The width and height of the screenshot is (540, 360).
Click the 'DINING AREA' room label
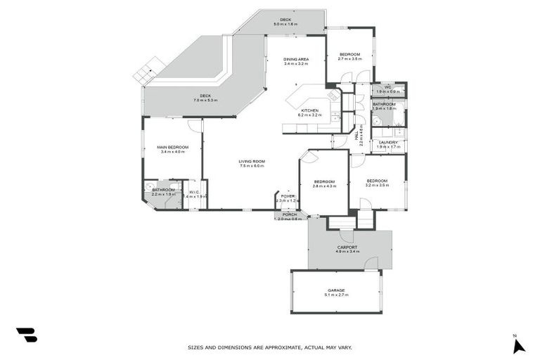[296, 59]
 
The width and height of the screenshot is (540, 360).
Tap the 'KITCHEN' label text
[310, 110]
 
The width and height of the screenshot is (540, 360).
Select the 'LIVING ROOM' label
[251, 161]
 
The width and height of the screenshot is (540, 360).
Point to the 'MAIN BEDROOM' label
[172, 147]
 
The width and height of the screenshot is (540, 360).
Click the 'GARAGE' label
[335, 290]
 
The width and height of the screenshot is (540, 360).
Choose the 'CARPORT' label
[347, 247]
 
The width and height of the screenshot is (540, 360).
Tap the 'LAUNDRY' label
[388, 143]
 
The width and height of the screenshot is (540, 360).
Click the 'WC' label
[387, 87]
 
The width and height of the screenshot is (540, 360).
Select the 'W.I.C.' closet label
[194, 191]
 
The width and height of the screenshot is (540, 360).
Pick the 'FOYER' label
[288, 196]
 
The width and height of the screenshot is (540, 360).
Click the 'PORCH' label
[290, 214]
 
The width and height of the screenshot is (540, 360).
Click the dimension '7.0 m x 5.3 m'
[205, 101]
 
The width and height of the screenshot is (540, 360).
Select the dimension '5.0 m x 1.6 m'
[285, 24]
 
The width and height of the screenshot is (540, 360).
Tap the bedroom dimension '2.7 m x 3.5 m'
[349, 59]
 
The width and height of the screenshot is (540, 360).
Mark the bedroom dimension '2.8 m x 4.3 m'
[324, 186]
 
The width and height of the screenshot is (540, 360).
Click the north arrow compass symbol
[518, 345]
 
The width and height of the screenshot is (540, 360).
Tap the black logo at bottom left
[26, 335]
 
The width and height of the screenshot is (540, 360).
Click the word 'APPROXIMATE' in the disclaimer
[283, 347]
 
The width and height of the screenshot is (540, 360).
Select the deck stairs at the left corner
[148, 70]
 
